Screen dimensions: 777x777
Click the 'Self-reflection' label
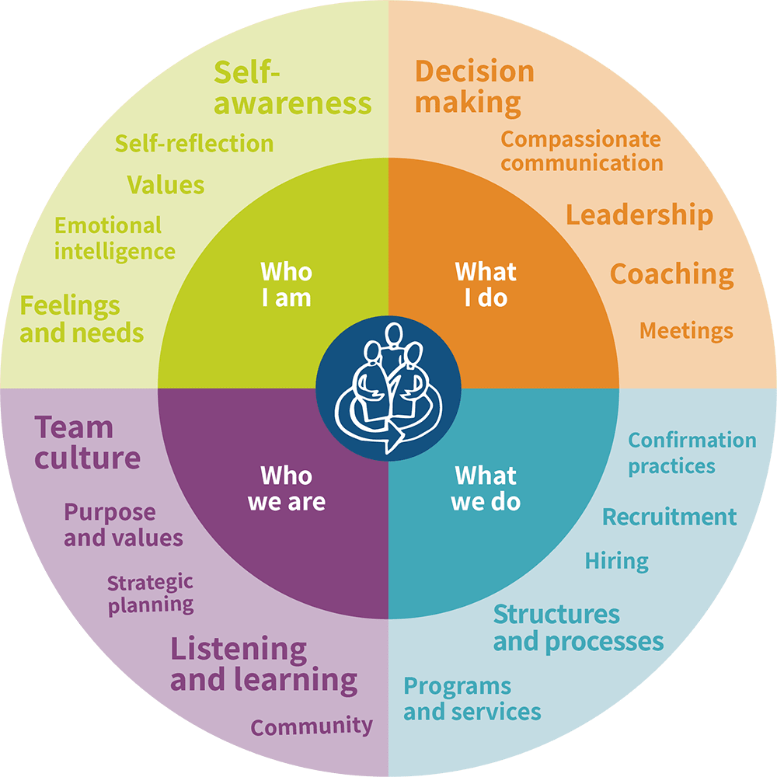pyautogui.click(x=194, y=144)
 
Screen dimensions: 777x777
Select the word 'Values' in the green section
pyautogui.click(x=166, y=185)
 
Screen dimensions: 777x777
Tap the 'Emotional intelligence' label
pyautogui.click(x=114, y=239)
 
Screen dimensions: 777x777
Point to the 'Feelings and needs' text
pyautogui.click(x=82, y=319)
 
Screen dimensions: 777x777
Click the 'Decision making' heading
pyautogui.click(x=474, y=88)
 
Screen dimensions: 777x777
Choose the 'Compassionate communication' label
pyautogui.click(x=582, y=152)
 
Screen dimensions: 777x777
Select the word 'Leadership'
pyautogui.click(x=639, y=215)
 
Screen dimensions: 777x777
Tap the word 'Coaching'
pyautogui.click(x=672, y=274)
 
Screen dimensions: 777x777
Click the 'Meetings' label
pyautogui.click(x=686, y=331)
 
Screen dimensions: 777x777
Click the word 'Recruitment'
pyautogui.click(x=670, y=517)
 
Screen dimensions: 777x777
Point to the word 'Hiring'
pyautogui.click(x=617, y=562)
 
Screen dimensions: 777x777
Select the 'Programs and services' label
pyautogui.click(x=472, y=699)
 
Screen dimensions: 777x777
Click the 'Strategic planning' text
pyautogui.click(x=151, y=594)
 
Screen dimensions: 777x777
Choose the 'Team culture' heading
pyautogui.click(x=87, y=443)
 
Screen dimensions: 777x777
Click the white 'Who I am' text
pyautogui.click(x=287, y=285)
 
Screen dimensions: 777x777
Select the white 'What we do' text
pyautogui.click(x=486, y=489)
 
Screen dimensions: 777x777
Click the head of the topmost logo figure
pyautogui.click(x=394, y=336)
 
